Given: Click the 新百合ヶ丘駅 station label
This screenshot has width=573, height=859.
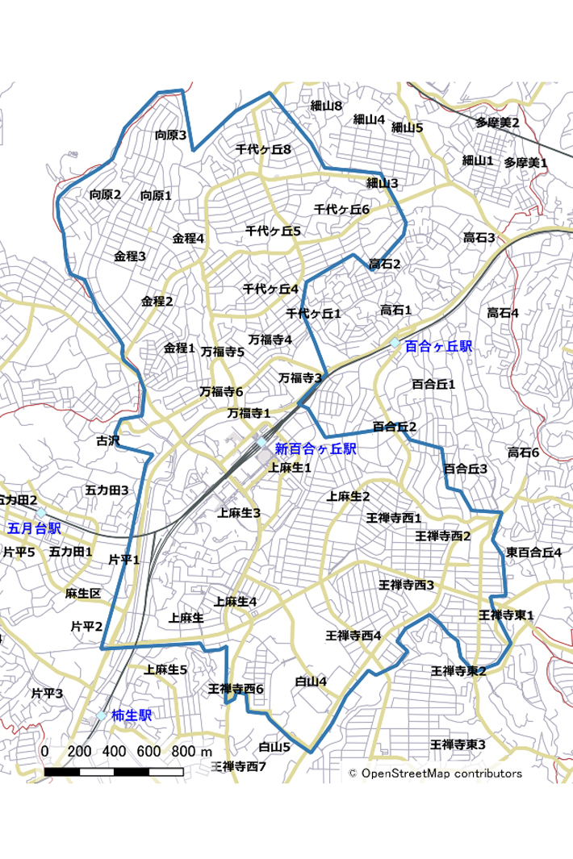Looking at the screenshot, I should click(x=315, y=448).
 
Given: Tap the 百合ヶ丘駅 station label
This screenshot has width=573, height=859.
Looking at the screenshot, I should click(x=438, y=346).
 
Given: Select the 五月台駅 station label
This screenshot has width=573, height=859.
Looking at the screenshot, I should click(x=34, y=529).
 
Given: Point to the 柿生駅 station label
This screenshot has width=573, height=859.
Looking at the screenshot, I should click(x=132, y=715).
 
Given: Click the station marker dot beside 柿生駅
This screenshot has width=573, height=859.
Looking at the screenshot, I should click(x=102, y=715).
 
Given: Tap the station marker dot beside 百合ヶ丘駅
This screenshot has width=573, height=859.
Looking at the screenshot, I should click(x=395, y=343).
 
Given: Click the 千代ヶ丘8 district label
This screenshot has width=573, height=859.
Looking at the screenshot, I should click(x=263, y=149).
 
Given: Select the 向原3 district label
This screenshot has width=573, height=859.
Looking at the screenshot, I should click(x=171, y=136).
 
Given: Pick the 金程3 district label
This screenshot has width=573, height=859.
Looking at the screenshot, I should click(x=130, y=256).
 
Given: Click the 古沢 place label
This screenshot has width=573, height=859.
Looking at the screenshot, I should click(x=107, y=441).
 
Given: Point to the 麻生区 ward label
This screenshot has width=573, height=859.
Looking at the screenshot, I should click(x=83, y=594).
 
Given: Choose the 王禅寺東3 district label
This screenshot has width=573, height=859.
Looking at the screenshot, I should click(x=458, y=744).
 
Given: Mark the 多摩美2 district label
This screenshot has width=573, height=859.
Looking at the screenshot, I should click(x=497, y=123).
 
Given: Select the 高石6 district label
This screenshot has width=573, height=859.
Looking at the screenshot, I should click(x=523, y=453).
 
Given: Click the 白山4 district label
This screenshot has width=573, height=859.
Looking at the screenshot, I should click(x=311, y=682).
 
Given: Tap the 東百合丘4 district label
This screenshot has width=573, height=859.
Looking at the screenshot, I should click(x=533, y=553).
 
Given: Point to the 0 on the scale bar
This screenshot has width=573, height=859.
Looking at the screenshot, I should click(x=44, y=752).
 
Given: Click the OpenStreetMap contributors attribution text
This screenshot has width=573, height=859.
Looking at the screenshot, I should click(x=435, y=774).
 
